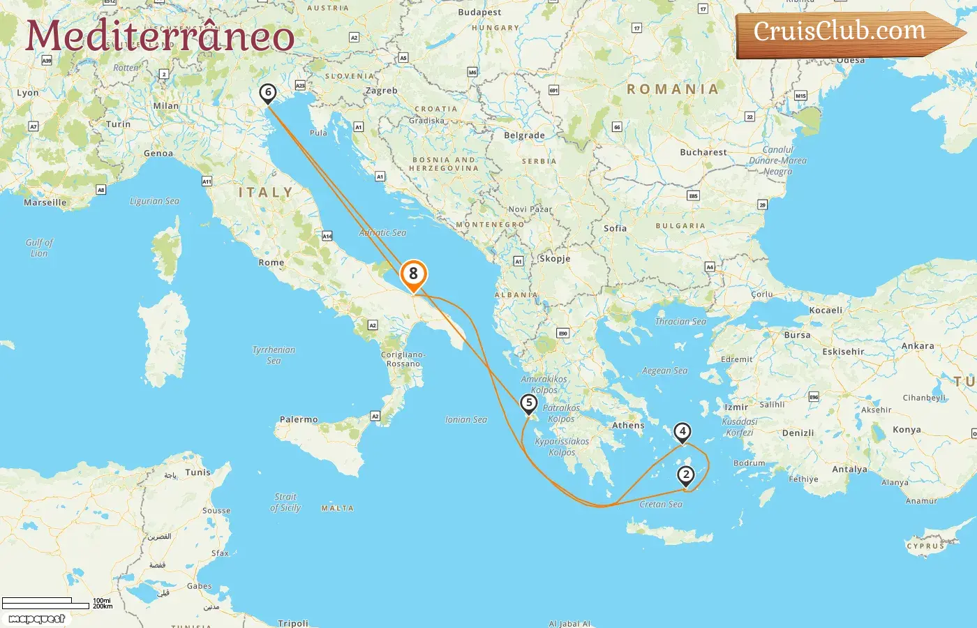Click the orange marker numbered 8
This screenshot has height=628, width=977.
(x=413, y=275)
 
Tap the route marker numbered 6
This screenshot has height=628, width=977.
(x=267, y=93)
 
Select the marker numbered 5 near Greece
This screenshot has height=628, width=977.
(x=529, y=403)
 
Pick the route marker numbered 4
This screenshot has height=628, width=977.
(x=683, y=433)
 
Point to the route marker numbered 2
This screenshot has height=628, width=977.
(x=686, y=476)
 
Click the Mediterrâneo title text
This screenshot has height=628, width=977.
(x=160, y=36)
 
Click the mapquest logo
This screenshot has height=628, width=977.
(x=37, y=619)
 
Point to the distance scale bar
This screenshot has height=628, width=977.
(x=46, y=603)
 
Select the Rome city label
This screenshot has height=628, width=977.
(x=271, y=263)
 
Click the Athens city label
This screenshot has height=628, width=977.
(x=628, y=426)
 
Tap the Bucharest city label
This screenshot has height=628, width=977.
(x=703, y=152)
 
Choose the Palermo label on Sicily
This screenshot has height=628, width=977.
(x=299, y=420)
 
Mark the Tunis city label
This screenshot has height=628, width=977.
(x=197, y=472)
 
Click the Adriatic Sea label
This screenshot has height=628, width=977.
(x=382, y=233)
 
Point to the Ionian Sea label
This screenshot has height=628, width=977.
(x=466, y=420)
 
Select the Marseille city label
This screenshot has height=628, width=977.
(x=45, y=203)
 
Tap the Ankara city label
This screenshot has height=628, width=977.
(x=918, y=346)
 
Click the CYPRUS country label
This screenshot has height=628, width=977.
(x=925, y=546)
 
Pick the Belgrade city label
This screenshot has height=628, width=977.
(x=524, y=136)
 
